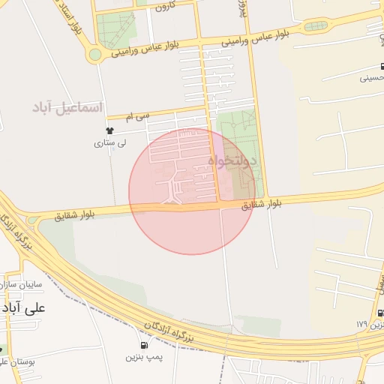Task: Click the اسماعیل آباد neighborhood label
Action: point(66,107)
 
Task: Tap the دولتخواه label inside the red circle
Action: point(232,160)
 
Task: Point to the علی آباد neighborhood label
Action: point(24,307)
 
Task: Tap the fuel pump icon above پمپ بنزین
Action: point(143,345)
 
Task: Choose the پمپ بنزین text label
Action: point(143,357)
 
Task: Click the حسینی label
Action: point(373,76)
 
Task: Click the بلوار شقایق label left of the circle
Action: point(76,214)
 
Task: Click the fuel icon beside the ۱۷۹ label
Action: point(380,313)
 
